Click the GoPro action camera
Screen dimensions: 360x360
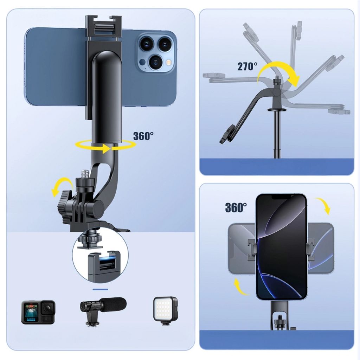[38, 312]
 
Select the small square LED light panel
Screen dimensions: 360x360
[165, 309]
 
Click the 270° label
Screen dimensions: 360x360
[247, 66]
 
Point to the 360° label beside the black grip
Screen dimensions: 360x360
[143, 136]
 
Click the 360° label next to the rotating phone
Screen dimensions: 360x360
[236, 207]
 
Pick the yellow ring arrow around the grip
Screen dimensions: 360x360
[105, 146]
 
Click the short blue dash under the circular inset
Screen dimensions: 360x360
[101, 289]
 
